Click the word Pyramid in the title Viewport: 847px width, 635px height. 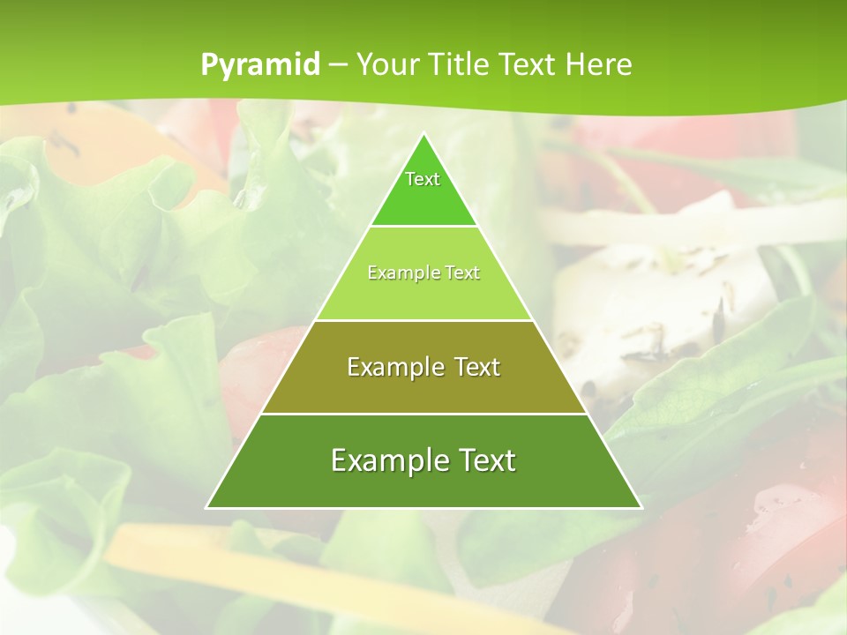tap(259, 65)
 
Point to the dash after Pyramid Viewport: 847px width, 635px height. tap(337, 65)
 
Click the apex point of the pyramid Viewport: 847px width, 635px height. tap(423, 134)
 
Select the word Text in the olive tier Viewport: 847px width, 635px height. tap(473, 367)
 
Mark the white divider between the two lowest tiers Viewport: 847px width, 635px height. tap(423, 414)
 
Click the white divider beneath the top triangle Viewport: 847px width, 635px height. tap(423, 226)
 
